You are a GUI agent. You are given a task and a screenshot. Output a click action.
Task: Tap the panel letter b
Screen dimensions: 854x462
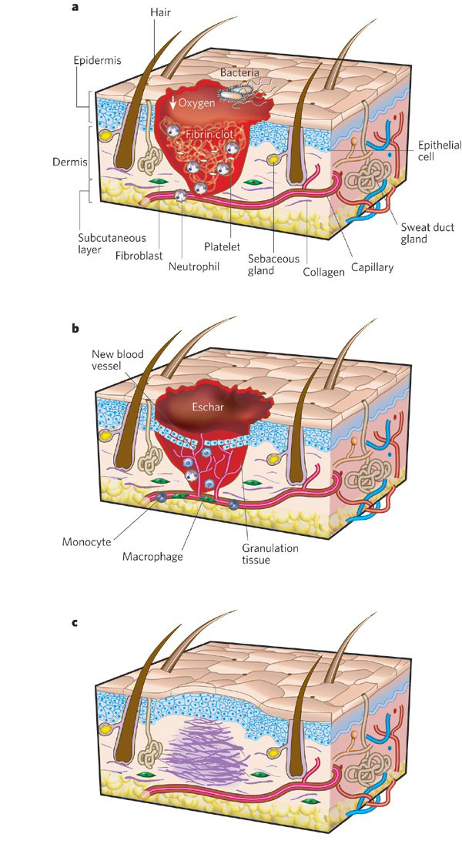75,327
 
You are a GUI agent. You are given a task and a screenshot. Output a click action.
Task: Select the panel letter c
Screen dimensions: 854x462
75,621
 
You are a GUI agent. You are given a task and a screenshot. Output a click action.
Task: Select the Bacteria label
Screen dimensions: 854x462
239,72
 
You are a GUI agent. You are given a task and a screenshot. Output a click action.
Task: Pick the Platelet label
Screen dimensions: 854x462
226,246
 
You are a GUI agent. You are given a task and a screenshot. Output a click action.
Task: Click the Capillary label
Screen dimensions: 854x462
373,267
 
